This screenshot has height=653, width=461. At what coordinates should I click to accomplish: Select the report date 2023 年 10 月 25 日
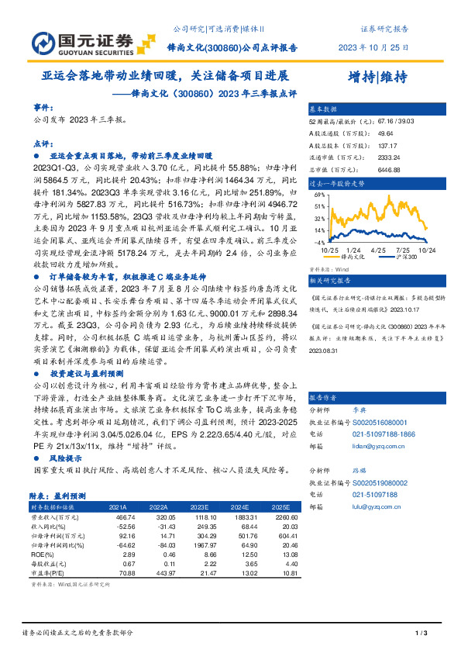[x=373, y=47]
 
